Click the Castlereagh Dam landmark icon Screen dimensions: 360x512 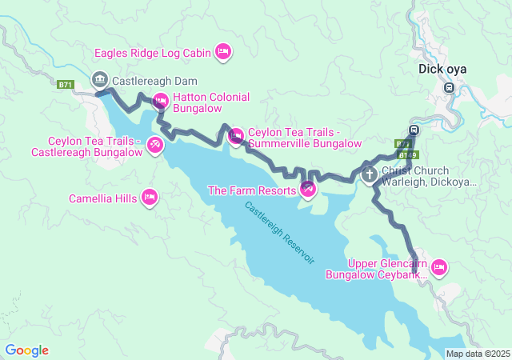pyautogui.click(x=100, y=79)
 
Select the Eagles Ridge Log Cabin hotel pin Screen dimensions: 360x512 pyautogui.click(x=224, y=53)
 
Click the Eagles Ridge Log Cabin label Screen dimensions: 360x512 pyautogui.click(x=152, y=54)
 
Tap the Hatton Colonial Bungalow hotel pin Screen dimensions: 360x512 pyautogui.click(x=159, y=101)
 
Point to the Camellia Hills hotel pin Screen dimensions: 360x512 pyautogui.click(x=149, y=197)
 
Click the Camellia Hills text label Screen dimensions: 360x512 pyautogui.click(x=103, y=198)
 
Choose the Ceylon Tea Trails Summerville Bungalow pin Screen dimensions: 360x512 pyautogui.click(x=236, y=136)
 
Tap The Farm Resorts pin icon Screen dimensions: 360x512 pyautogui.click(x=308, y=189)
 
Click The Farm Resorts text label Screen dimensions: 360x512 pyautogui.click(x=251, y=190)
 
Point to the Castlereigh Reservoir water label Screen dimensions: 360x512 pyautogui.click(x=280, y=233)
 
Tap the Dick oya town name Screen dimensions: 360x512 pyautogui.click(x=442, y=69)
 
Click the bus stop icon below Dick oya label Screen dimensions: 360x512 pyautogui.click(x=450, y=87)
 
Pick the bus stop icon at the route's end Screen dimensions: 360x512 pyautogui.click(x=414, y=130)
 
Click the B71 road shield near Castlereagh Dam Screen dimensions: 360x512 pyautogui.click(x=66, y=84)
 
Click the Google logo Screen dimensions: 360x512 pyautogui.click(x=26, y=350)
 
